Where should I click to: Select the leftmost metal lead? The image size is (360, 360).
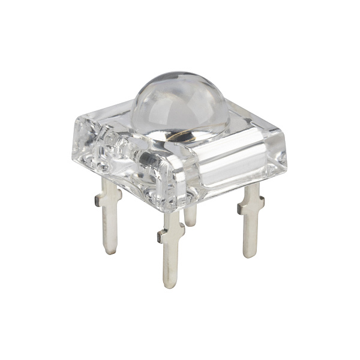(110, 216)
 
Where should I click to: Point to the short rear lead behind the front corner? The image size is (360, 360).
(190, 214)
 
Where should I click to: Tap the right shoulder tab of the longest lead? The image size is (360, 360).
(182, 227)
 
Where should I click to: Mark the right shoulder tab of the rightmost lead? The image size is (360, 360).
(262, 204)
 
